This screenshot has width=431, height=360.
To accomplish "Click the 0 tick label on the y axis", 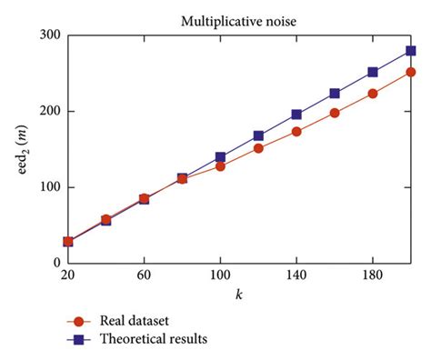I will (x=55, y=263).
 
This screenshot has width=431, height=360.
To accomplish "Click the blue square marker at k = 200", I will (x=411, y=51).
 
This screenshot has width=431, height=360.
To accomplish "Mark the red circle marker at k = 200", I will (x=411, y=72).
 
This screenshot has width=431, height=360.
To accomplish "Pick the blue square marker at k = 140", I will (x=296, y=115).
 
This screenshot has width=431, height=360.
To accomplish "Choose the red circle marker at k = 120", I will (x=258, y=148).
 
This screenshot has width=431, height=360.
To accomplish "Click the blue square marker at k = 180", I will (x=373, y=72).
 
